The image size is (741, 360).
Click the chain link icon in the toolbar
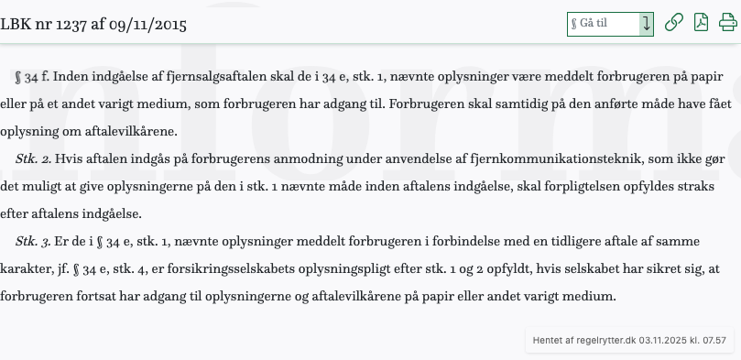[x=673, y=23]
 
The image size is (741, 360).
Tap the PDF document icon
[x=701, y=23]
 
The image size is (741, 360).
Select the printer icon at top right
[x=728, y=23]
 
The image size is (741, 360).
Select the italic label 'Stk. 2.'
[x=33, y=159]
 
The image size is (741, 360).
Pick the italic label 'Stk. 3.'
[x=33, y=242]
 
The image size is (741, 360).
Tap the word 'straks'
[x=709, y=187]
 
